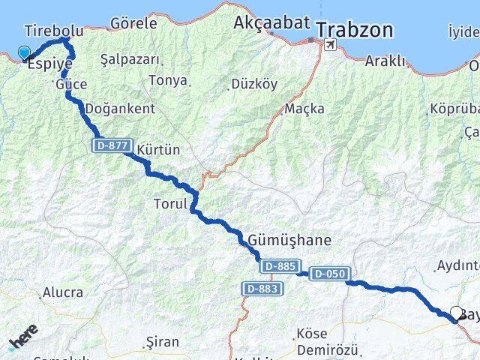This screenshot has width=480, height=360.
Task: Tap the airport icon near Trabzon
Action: pyautogui.click(x=329, y=45)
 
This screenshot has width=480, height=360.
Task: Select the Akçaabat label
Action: pyautogui.click(x=271, y=22)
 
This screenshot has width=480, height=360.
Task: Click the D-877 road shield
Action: pyautogui.click(x=113, y=147)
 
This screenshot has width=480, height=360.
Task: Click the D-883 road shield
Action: pyautogui.click(x=262, y=288)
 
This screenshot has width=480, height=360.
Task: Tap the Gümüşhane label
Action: pyautogui.click(x=289, y=241)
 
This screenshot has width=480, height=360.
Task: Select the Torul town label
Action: pyautogui.click(x=169, y=203)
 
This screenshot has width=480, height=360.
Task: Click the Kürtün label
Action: pyautogui.click(x=159, y=150)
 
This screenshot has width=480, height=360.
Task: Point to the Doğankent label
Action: pyautogui.click(x=120, y=109)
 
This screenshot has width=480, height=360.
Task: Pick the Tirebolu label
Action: pyautogui.click(x=53, y=31)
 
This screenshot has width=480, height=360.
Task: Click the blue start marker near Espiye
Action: pyautogui.click(x=24, y=52)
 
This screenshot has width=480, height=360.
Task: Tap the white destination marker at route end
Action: pyautogui.click(x=457, y=313)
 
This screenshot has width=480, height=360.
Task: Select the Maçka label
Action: pyautogui.click(x=304, y=109)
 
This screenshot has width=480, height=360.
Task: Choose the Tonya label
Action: pyautogui.click(x=168, y=80)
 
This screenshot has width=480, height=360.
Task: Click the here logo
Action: pyautogui.click(x=23, y=338)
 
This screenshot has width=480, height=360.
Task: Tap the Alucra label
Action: pyautogui.click(x=63, y=292)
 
